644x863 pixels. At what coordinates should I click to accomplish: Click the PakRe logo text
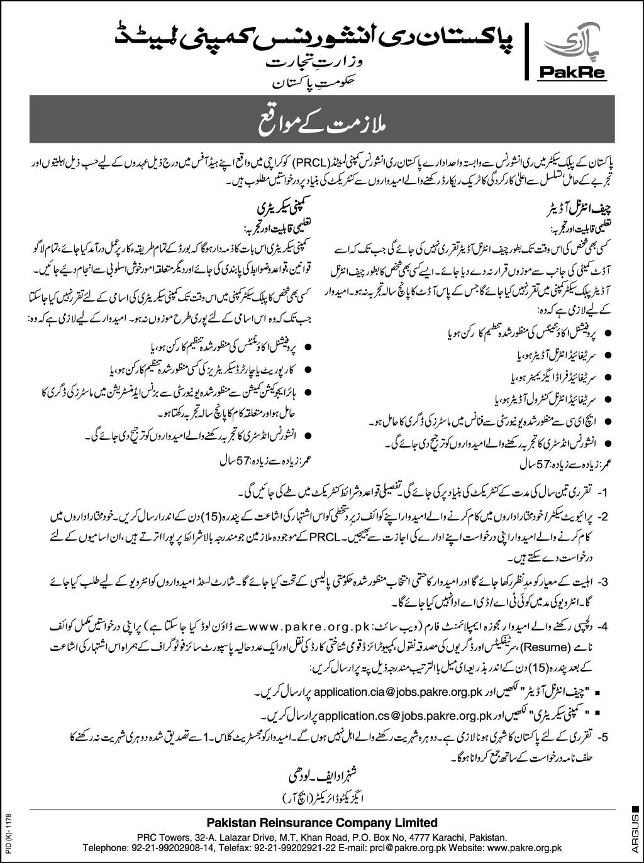point(570,73)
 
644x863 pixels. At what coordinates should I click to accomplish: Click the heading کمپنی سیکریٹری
point(274,206)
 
